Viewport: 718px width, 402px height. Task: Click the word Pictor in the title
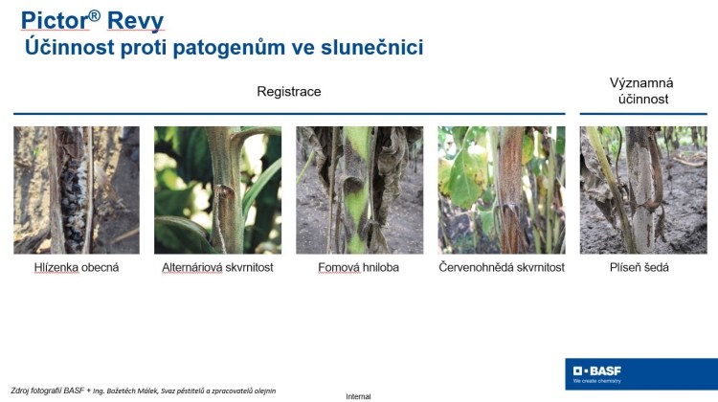click(x=55, y=21)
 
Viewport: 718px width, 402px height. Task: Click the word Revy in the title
click(x=135, y=22)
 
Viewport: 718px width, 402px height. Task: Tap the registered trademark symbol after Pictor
click(x=95, y=16)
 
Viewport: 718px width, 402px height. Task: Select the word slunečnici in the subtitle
click(x=371, y=47)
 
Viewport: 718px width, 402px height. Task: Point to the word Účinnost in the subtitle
click(x=70, y=46)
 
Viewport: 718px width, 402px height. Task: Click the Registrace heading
click(x=289, y=92)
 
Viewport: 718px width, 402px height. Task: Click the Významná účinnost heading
click(x=641, y=91)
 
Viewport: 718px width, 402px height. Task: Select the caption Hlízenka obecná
click(x=77, y=267)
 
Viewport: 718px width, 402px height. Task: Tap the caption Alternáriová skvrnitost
click(x=217, y=267)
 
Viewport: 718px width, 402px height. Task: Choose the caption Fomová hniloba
click(x=359, y=267)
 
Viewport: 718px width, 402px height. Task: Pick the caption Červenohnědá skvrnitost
click(x=502, y=267)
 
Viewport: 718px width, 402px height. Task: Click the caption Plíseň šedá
click(x=639, y=267)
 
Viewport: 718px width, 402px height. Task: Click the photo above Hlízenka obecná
click(x=77, y=190)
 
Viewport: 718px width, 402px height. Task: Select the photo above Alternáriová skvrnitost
click(x=217, y=190)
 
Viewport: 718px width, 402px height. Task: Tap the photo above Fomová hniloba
click(x=359, y=190)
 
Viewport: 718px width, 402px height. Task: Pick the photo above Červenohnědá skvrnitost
click(x=502, y=190)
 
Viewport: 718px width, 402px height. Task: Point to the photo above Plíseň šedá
click(x=643, y=190)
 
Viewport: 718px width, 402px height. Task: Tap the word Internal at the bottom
click(x=358, y=396)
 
